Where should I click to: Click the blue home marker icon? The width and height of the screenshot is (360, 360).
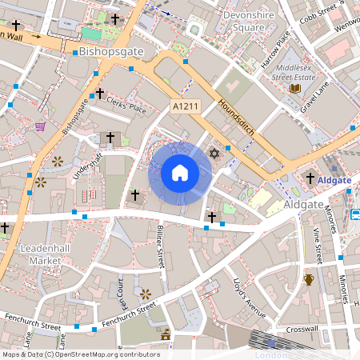pos(180,172)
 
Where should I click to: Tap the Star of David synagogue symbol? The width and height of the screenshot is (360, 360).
pos(214,153)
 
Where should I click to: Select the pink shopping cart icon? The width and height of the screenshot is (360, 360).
pos(40,126)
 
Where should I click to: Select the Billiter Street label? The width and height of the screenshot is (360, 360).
pos(160,246)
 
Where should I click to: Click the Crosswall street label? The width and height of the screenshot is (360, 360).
pos(302,330)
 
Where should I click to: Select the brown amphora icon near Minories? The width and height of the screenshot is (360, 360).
pos(309,279)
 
